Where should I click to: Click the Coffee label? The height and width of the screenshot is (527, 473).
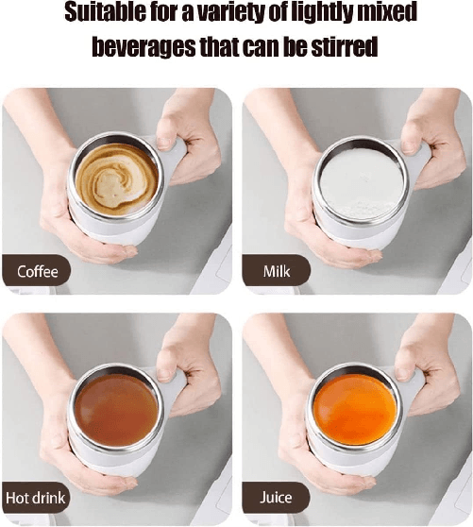(38, 272)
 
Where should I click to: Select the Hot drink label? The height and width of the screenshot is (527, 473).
(36, 498)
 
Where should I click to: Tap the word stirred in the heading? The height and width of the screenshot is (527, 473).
(342, 46)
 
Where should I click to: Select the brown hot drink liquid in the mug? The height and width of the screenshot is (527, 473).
(116, 409)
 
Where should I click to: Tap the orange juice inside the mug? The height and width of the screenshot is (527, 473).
(355, 409)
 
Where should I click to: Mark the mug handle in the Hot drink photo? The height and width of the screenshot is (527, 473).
(176, 382)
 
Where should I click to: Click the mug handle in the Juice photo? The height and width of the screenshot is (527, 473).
(414, 382)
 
